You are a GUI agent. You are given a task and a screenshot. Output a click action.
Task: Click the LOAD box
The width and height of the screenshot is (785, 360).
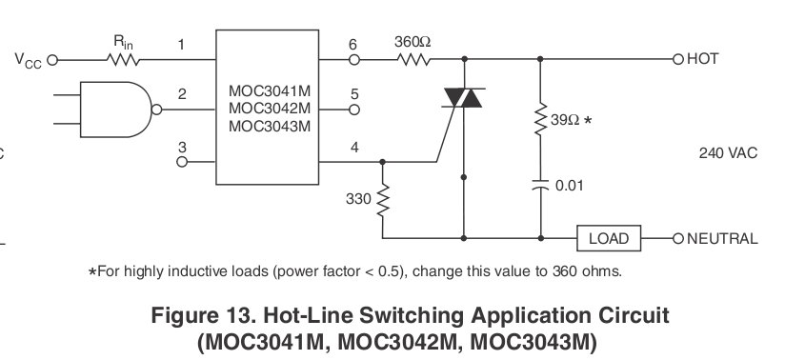609,238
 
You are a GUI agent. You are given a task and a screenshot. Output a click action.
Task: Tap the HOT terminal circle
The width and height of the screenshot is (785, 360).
678,60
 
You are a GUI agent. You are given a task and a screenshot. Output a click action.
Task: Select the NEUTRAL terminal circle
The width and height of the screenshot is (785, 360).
678,238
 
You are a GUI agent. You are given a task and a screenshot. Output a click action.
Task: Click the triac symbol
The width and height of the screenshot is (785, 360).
463,98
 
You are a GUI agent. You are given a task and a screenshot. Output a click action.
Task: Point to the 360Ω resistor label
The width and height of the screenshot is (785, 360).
412,42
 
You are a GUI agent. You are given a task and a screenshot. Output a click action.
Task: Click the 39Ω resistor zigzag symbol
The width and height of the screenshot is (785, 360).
540,119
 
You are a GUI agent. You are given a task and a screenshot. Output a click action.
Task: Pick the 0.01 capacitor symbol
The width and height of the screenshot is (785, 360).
540,186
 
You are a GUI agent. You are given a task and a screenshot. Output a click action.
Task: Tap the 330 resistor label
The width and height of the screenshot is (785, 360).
358,199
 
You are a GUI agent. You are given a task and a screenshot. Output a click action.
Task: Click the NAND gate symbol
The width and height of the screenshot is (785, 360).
121,110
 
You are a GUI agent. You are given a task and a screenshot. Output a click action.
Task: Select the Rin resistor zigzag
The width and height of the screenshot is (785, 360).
123,60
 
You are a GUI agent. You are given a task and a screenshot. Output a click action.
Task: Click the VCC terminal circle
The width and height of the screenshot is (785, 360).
52,60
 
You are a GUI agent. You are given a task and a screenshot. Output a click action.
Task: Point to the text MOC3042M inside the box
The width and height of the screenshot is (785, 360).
270,109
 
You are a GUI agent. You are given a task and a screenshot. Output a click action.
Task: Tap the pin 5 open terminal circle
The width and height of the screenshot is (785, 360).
354,110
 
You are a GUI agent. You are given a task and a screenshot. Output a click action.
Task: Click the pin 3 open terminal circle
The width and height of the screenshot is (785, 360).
182,162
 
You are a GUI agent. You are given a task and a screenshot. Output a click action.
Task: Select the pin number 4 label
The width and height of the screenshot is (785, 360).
354,148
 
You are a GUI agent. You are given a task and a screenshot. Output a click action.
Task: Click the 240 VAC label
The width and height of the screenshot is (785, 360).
728,152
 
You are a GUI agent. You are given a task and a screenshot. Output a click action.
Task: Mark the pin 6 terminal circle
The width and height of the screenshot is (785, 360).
354,60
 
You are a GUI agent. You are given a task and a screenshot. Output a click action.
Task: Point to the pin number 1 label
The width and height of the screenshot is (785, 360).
181,45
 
